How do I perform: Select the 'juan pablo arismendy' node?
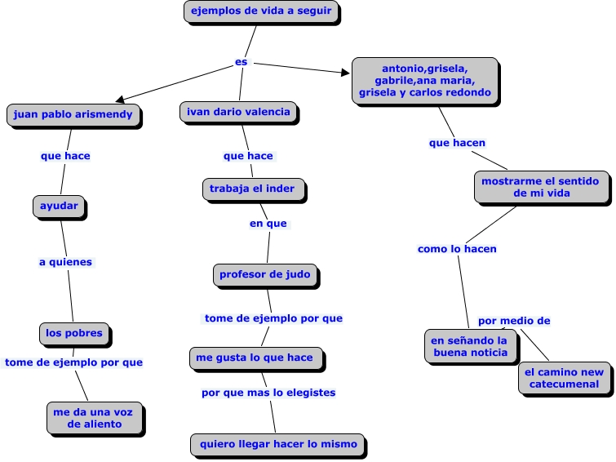coord(74,116)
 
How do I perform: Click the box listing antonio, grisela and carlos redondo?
coord(425,82)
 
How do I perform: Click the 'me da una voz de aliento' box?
coord(95,419)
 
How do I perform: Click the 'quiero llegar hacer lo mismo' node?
coord(278,446)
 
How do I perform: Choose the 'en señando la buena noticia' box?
coord(472,347)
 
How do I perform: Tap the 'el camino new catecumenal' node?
coord(565,379)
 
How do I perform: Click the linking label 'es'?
coord(242,62)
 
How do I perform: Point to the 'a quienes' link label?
coord(65,262)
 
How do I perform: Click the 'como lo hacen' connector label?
coord(457,249)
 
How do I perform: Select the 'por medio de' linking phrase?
coord(514,321)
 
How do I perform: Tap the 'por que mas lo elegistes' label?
coord(268,393)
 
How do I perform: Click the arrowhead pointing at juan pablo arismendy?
coord(120,99)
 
